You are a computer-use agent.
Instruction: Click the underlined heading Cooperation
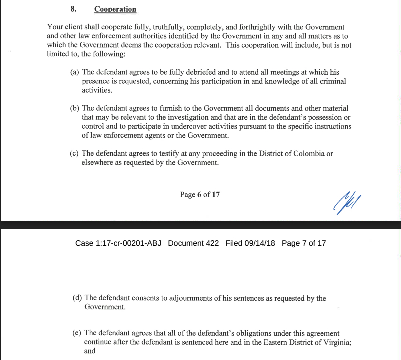pyautogui.click(x=115, y=9)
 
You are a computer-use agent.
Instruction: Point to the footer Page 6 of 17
pyautogui.click(x=200, y=195)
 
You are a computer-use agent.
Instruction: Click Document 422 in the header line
pyautogui.click(x=193, y=243)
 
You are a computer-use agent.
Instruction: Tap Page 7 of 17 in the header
pyautogui.click(x=304, y=243)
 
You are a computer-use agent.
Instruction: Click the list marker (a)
pyautogui.click(x=74, y=73)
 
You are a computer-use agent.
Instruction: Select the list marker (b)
pyautogui.click(x=74, y=108)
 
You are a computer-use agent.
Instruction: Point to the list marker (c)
pyautogui.click(x=74, y=154)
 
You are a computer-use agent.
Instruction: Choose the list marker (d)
pyautogui.click(x=77, y=298)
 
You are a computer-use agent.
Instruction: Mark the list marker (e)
pyautogui.click(x=77, y=333)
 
